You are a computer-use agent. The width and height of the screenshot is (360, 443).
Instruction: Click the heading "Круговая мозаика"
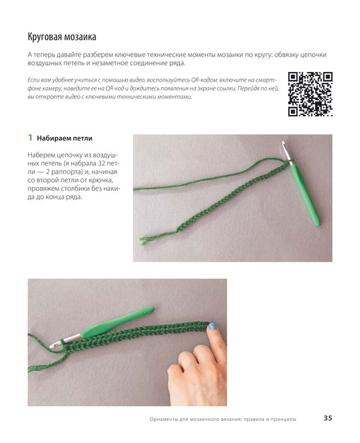(62, 37)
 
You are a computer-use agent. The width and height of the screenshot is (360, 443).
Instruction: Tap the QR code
(310, 94)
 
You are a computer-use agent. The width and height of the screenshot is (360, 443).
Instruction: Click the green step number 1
(30, 138)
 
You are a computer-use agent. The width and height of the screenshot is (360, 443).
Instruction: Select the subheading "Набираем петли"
(64, 138)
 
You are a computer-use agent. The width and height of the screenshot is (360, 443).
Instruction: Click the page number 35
(327, 418)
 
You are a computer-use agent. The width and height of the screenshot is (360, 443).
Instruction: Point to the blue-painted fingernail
(212, 326)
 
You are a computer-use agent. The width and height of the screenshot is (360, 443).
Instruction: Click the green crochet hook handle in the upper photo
(306, 195)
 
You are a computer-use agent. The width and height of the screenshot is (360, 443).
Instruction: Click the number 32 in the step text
(102, 163)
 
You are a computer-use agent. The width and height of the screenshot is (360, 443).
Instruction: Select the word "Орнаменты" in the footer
(163, 419)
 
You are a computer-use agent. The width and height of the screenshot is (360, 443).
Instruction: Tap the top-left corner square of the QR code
(294, 78)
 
